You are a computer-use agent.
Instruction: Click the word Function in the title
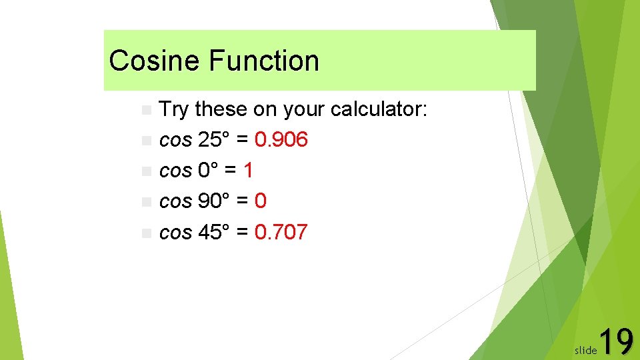(264, 61)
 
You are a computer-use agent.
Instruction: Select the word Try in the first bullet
(175, 109)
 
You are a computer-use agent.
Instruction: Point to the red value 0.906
(281, 140)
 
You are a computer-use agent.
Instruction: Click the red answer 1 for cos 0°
(248, 171)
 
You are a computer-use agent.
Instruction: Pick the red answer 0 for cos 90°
(261, 201)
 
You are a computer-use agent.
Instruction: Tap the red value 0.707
(281, 233)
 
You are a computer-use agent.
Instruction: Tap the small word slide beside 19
(585, 349)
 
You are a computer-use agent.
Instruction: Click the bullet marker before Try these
(147, 110)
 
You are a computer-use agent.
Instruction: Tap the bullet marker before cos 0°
(147, 171)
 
